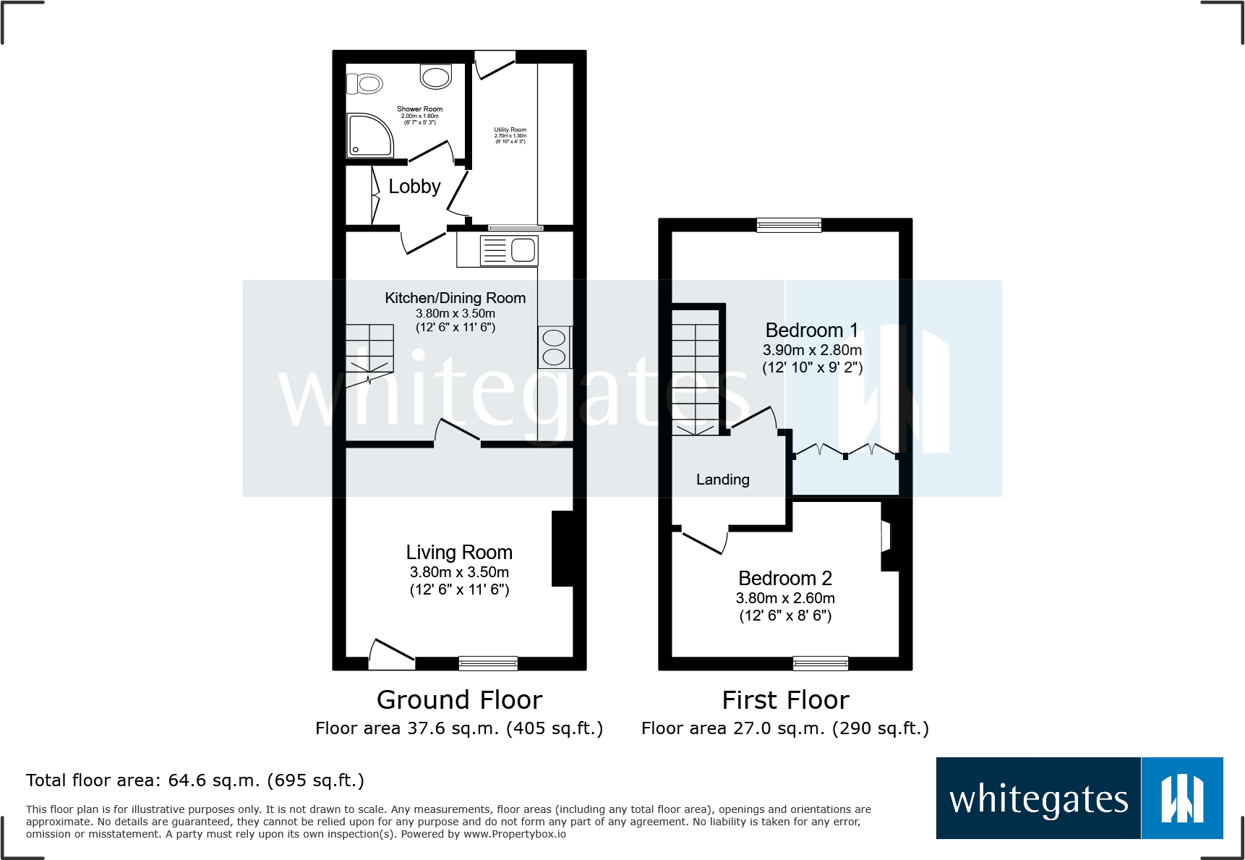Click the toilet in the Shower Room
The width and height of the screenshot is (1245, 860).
coord(367,84)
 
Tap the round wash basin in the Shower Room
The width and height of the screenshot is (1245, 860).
coord(436,77)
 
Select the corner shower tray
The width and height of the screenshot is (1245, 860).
coord(369,136)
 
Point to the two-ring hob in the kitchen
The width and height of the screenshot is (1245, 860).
coord(555,347)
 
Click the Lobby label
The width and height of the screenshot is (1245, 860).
coord(414,187)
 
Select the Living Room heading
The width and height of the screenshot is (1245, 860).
coord(459,553)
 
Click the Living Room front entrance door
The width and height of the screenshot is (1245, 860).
coord(391,650)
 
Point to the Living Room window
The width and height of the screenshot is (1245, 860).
coord(488,663)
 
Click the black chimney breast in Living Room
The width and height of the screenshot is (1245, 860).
coord(562,548)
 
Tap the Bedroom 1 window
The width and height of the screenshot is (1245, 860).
coord(789,225)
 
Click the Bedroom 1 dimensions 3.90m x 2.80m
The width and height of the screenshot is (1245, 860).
coord(812,350)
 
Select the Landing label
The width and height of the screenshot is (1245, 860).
coord(722,480)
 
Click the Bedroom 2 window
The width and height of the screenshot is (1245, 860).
coord(820,663)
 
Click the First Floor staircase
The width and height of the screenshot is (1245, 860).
coord(696,372)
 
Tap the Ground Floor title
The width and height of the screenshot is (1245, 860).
coord(459,700)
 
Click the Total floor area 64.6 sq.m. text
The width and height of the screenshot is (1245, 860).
coord(195,780)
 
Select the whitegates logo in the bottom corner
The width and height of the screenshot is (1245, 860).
coord(1079,799)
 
